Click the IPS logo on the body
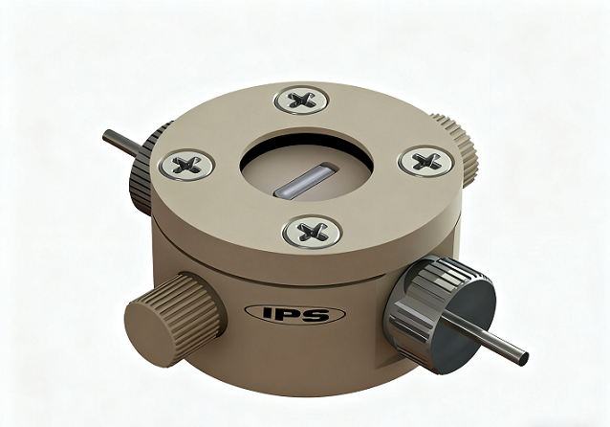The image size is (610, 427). click(x=294, y=314)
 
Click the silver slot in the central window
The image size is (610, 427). click(x=304, y=179)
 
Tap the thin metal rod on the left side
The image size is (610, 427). click(x=123, y=145)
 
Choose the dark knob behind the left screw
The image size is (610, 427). click(x=143, y=172)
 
